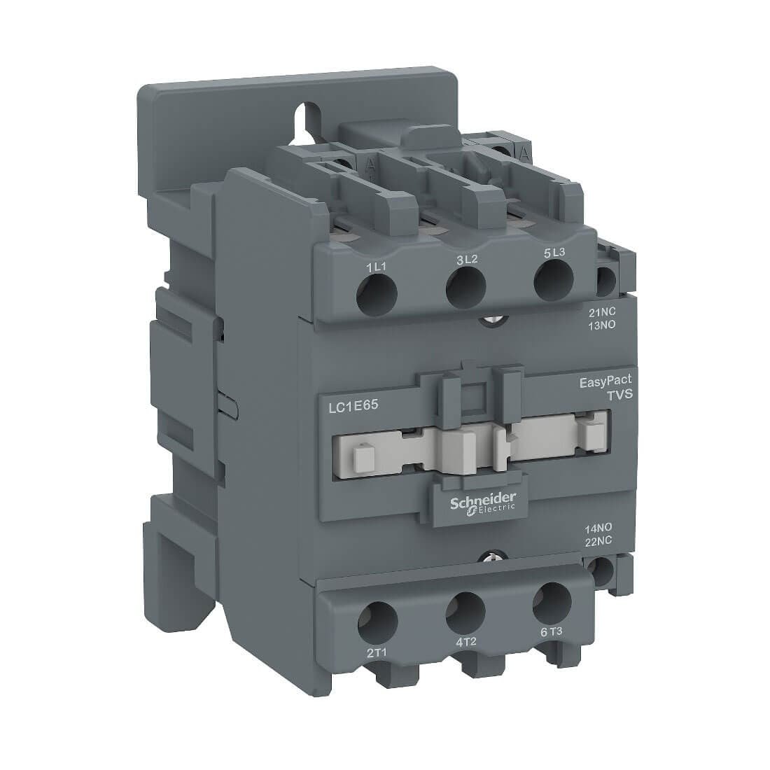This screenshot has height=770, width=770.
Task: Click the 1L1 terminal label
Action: pyautogui.click(x=377, y=267)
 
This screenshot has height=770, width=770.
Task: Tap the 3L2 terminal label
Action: pyautogui.click(x=466, y=260)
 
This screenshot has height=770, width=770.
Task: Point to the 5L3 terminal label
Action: pyautogui.click(x=554, y=253)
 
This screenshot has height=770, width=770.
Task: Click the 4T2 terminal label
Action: pyautogui.click(x=466, y=642)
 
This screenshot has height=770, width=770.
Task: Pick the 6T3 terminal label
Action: pyautogui.click(x=551, y=632)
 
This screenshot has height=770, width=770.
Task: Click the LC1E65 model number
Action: pyautogui.click(x=352, y=407)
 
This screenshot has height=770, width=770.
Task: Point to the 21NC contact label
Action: pyautogui.click(x=602, y=312)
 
